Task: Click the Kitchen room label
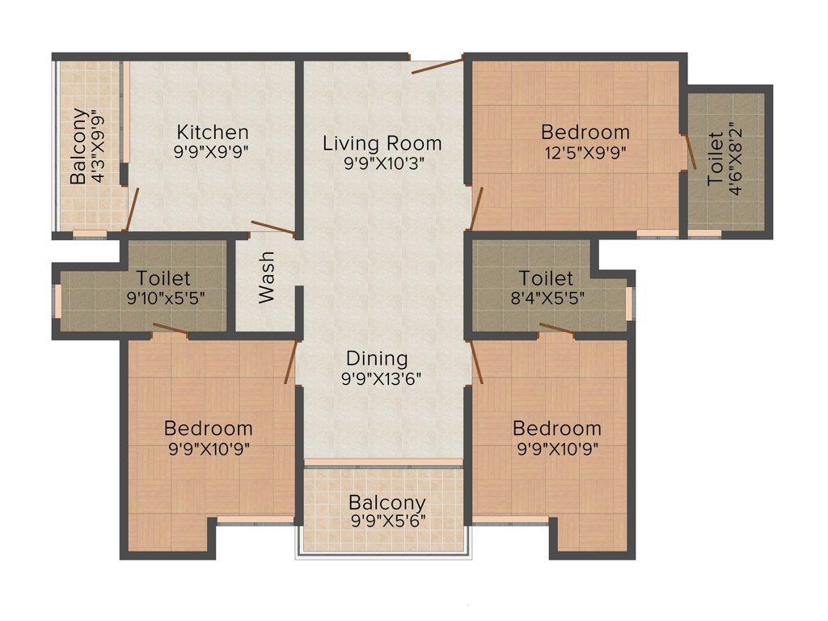pyautogui.click(x=213, y=132)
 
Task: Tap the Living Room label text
pyautogui.click(x=382, y=143)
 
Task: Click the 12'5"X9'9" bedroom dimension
pyautogui.click(x=585, y=150)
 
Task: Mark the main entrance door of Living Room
pyautogui.click(x=437, y=65)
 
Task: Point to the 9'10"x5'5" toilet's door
pyautogui.click(x=170, y=327)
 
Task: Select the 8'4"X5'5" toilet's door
pyautogui.click(x=557, y=327)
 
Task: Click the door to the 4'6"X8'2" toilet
pyautogui.click(x=691, y=151)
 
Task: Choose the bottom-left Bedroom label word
pyautogui.click(x=208, y=428)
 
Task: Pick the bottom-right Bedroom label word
pyautogui.click(x=557, y=428)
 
